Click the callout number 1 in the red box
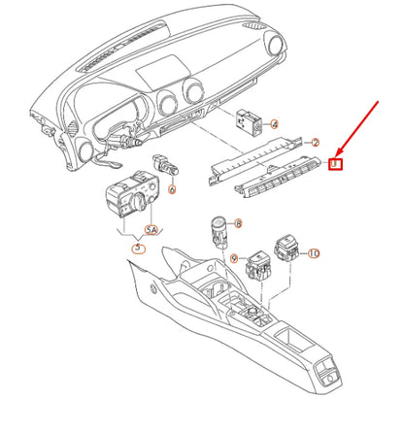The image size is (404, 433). click(334, 164)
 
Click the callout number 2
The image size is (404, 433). click(315, 142)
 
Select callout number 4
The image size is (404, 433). click(274, 124)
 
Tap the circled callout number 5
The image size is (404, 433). click(139, 250)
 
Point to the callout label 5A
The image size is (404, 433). click(151, 230)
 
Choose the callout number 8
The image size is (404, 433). click(239, 223)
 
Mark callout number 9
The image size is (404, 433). click(234, 257)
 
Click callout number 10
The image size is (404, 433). click(313, 253)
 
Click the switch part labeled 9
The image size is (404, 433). click(259, 264)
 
